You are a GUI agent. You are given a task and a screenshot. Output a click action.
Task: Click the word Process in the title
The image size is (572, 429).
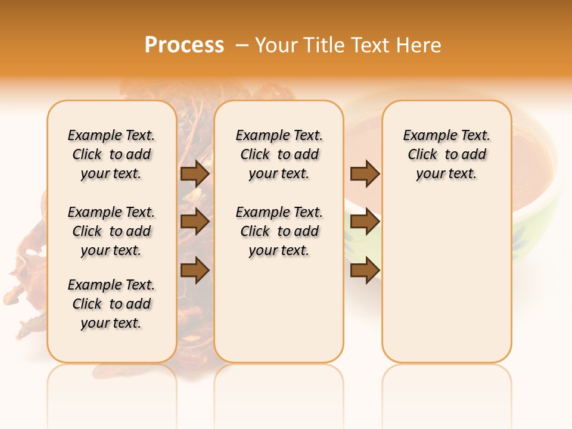point(184,45)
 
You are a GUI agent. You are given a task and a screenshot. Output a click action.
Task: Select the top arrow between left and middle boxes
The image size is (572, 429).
point(195,173)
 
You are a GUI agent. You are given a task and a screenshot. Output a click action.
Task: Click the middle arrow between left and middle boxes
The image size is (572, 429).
point(195,222)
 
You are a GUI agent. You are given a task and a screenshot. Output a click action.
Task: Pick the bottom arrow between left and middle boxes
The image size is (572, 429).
point(195,270)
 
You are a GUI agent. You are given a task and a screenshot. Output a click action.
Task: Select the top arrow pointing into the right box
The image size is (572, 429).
point(365,173)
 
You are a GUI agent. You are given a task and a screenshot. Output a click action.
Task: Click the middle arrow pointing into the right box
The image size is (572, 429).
point(365,222)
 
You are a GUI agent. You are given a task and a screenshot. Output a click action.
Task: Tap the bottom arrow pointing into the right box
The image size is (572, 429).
point(365,270)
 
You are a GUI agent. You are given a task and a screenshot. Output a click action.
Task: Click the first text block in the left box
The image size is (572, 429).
point(111,154)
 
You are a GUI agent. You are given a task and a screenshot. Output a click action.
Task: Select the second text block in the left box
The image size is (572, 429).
point(111,231)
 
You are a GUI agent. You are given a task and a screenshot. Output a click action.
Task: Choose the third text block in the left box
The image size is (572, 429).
point(111,304)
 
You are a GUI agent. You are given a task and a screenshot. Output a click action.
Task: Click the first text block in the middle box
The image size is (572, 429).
point(279,154)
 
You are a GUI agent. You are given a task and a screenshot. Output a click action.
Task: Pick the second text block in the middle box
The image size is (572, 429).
point(279,231)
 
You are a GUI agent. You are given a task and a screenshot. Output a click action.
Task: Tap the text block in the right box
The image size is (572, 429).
point(447,154)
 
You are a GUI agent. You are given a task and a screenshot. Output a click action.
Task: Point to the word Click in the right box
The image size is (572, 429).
point(422,155)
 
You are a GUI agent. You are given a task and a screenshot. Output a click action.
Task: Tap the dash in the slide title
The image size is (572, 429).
point(242,45)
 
